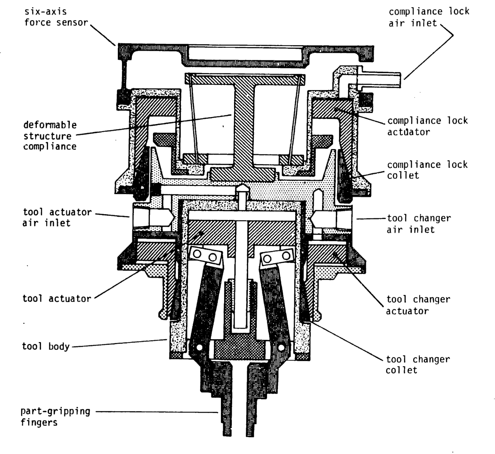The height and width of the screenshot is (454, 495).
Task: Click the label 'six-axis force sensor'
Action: click(56, 17)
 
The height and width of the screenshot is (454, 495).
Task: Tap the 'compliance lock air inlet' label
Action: click(429, 17)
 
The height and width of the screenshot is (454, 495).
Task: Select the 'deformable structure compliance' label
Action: click(50, 136)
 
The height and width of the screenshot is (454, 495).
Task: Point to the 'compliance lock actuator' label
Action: click(427, 126)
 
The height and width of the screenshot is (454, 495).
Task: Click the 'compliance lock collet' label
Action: click(427, 170)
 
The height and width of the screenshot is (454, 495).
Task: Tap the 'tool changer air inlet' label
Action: click(419, 224)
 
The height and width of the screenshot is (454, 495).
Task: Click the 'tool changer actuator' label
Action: click(418, 305)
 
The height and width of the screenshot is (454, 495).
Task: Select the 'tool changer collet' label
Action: click(418, 365)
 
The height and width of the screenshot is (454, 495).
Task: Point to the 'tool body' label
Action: click(46, 346)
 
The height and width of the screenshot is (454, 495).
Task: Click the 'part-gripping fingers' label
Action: click(55, 417)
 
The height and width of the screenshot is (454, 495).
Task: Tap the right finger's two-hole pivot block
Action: click(277, 257)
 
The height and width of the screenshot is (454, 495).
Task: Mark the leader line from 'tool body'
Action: click(119, 343)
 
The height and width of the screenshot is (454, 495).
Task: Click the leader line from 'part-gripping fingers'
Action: click(156, 412)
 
